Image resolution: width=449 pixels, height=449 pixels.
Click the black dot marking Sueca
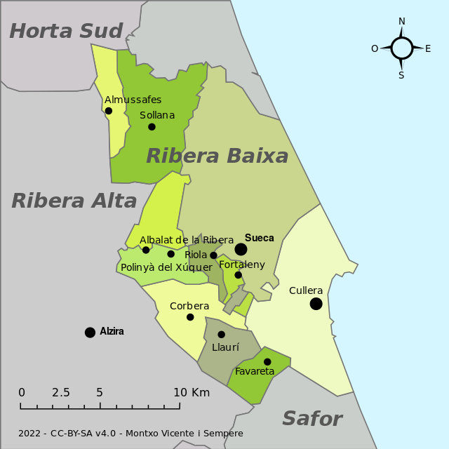coord(241,249)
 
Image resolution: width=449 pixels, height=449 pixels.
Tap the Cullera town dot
coord(316,304)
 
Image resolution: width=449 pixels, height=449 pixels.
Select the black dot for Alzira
coord(90,333)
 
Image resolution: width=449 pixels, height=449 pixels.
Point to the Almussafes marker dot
coord(109,111)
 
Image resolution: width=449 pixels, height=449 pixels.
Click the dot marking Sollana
coord(152,127)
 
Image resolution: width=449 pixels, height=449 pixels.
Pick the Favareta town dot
coord(267,362)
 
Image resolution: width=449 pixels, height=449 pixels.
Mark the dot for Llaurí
coord(221,335)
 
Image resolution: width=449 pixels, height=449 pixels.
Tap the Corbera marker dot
coord(190,317)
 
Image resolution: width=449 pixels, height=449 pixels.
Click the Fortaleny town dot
coord(239,275)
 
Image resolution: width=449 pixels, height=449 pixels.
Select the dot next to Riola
coord(214,255)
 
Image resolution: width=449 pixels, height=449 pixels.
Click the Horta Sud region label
coord(66,31)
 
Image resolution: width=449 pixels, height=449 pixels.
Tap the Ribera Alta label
coord(74,201)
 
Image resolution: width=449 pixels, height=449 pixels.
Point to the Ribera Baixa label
coord(217,156)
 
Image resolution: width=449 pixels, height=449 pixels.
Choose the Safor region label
coord(311,420)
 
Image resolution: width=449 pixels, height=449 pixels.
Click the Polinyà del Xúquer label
coord(166,267)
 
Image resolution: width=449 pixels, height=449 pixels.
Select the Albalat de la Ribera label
coord(187,240)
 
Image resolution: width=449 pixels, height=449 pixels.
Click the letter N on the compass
coord(402,22)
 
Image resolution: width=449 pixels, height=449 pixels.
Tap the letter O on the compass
coord(375,48)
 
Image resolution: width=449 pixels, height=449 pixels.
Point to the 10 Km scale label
coord(191,393)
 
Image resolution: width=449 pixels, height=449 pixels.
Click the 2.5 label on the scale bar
coord(61,393)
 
